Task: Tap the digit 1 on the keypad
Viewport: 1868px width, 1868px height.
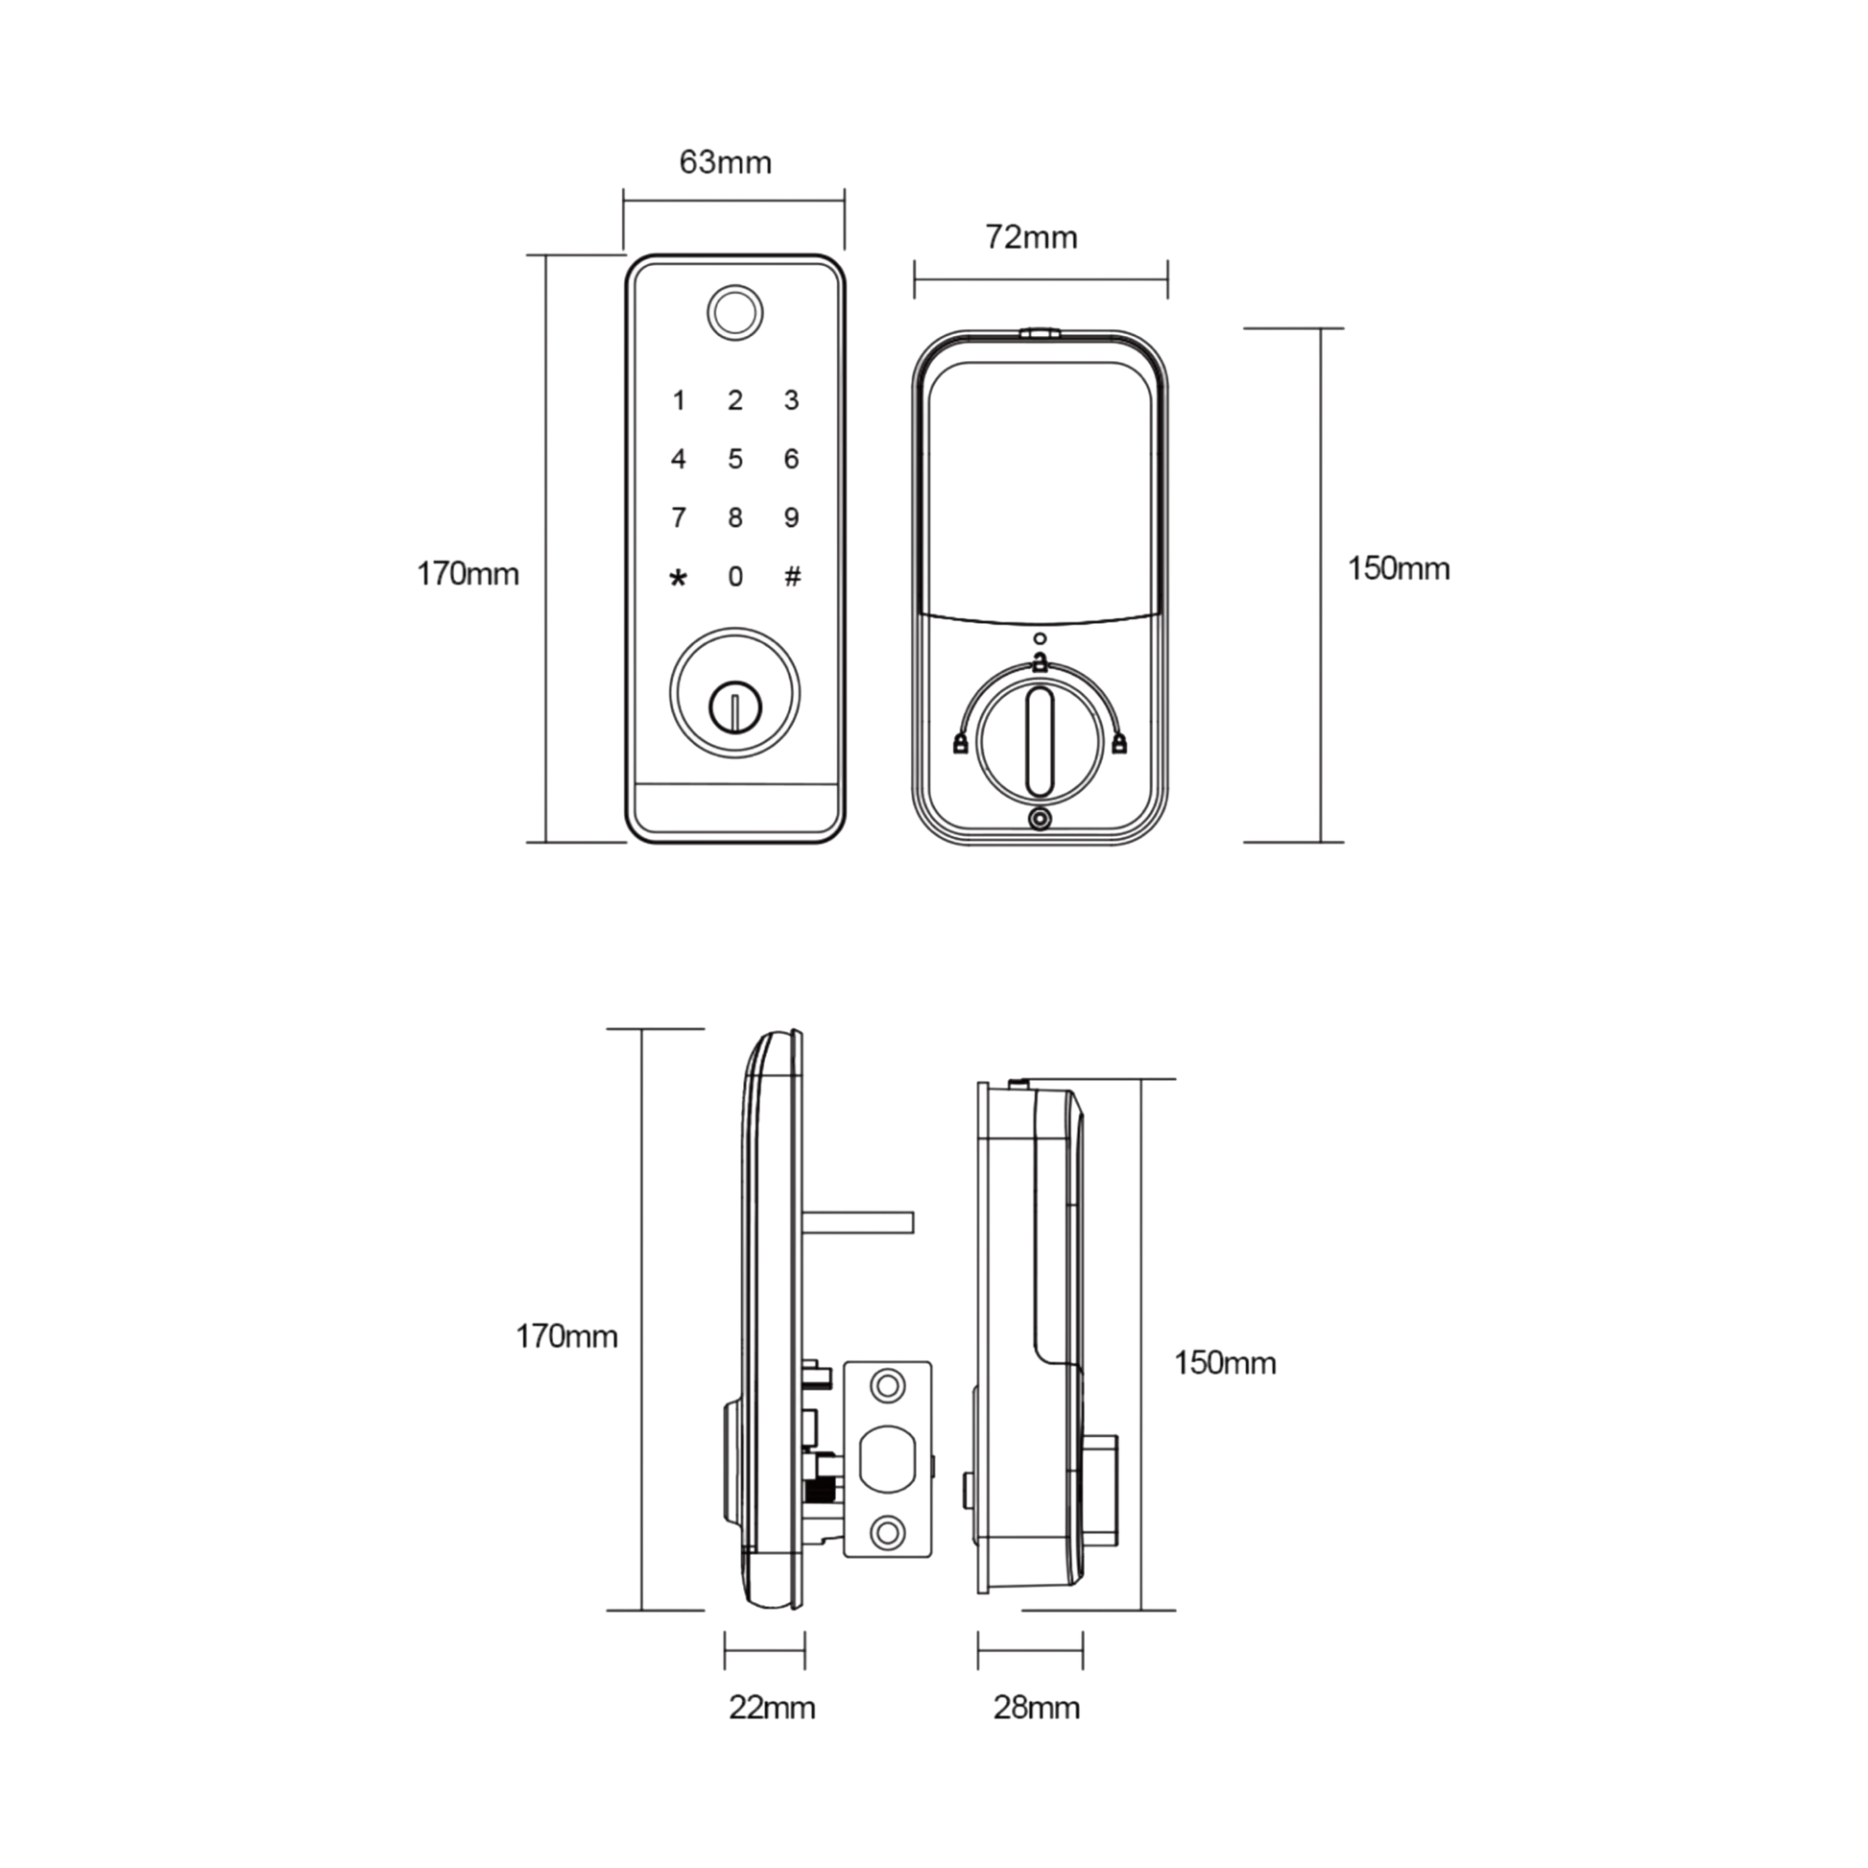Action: click(681, 400)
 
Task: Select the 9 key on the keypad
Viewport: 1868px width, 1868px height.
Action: click(792, 517)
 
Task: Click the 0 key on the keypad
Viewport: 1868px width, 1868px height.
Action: click(736, 576)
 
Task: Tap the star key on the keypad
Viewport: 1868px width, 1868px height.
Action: click(680, 577)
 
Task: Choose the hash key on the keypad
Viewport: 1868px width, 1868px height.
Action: click(792, 576)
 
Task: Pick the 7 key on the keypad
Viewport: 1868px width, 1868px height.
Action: click(681, 517)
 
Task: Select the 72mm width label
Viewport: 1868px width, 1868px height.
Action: click(1034, 238)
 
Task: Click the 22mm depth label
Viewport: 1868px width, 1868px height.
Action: click(771, 1710)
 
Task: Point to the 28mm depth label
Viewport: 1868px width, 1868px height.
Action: click(1037, 1710)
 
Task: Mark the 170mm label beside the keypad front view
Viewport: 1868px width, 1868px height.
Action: click(469, 575)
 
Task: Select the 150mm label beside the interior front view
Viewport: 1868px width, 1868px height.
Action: click(1399, 570)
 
